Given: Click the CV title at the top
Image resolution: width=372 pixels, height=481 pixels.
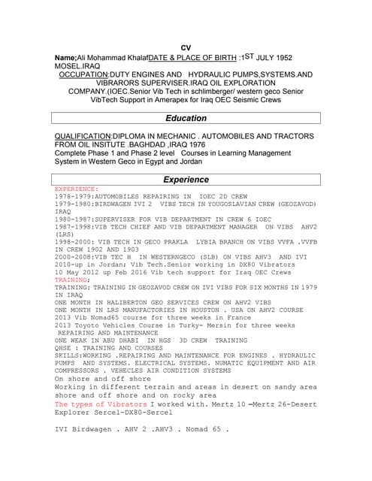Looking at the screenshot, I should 186,47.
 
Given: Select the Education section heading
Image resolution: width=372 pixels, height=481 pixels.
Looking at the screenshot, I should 186,118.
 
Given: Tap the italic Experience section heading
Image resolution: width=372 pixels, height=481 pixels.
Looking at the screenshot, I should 186,180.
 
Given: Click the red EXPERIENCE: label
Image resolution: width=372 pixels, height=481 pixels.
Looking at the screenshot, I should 76,189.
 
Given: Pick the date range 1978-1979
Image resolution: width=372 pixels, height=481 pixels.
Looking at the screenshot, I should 72,196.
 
